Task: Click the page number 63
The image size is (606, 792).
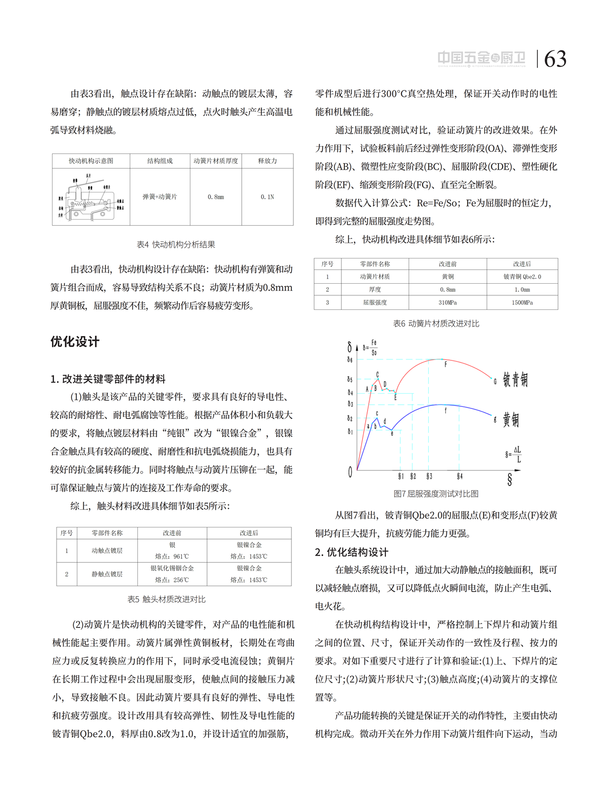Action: click(x=555, y=59)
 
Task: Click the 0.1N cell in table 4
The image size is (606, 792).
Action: click(x=267, y=197)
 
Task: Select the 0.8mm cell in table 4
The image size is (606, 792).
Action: click(x=216, y=197)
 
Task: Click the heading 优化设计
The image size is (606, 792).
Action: click(x=75, y=342)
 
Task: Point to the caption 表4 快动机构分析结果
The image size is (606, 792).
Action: click(x=176, y=244)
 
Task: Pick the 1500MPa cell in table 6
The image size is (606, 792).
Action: click(x=522, y=302)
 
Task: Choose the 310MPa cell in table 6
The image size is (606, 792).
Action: click(x=447, y=302)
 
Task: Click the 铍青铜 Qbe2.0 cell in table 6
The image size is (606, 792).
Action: click(x=522, y=277)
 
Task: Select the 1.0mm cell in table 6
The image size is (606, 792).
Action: click(x=522, y=290)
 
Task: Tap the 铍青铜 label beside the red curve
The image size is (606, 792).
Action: click(x=515, y=380)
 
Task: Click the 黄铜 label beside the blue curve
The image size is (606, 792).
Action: click(x=511, y=419)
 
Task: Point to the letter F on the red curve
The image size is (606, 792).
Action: click(x=445, y=364)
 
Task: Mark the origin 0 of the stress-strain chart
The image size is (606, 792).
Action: click(x=350, y=472)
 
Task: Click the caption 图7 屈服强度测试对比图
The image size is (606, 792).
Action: click(x=436, y=494)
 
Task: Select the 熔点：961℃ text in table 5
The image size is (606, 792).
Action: click(x=172, y=556)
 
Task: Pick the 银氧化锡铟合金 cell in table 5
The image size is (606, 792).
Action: click(x=172, y=568)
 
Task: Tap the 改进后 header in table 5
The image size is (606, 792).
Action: click(x=249, y=533)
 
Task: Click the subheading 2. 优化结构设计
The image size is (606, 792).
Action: click(x=351, y=552)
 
